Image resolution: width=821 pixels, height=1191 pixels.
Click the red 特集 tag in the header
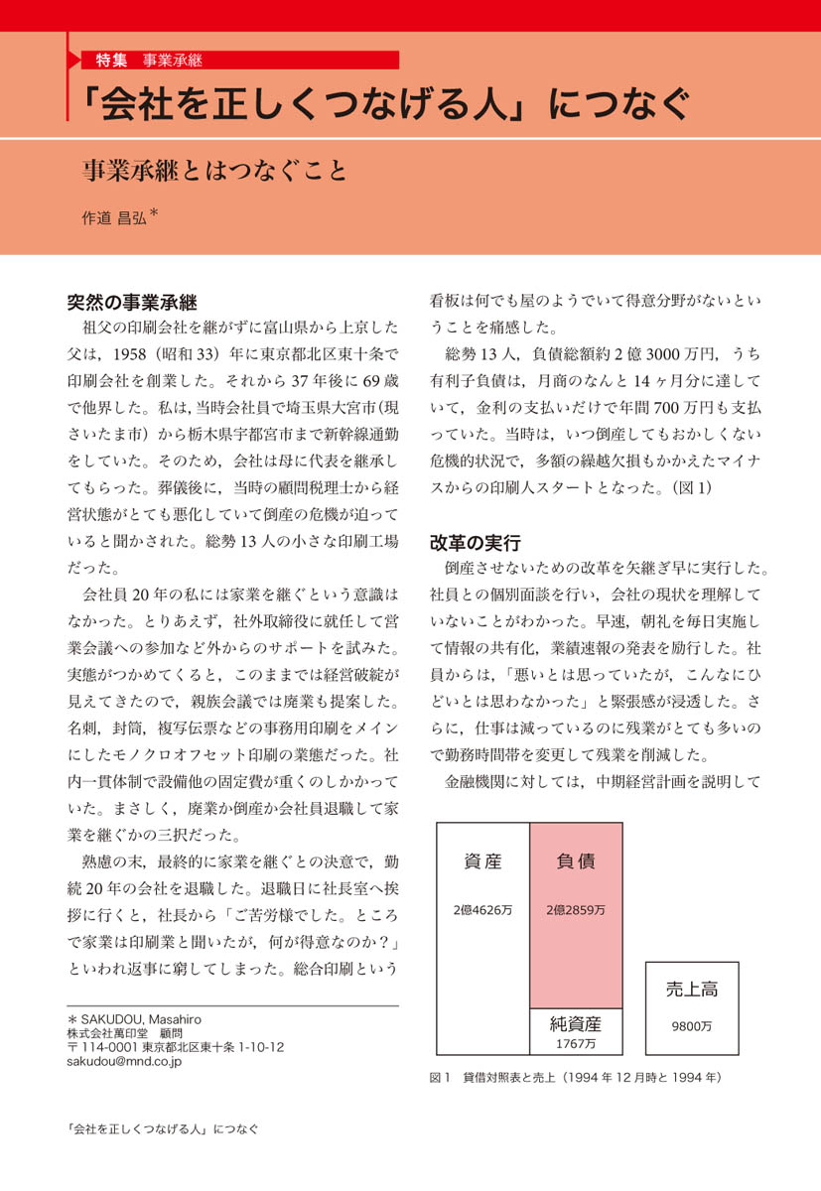pyautogui.click(x=111, y=60)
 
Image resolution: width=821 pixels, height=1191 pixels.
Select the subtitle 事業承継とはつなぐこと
pyautogui.click(x=214, y=171)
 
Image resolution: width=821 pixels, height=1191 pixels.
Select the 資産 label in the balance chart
pyautogui.click(x=483, y=861)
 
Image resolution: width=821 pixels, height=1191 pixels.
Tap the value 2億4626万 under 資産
pyautogui.click(x=483, y=909)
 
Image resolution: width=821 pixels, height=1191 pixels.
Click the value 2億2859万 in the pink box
pyautogui.click(x=576, y=909)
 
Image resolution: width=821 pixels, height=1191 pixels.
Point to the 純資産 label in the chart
pyautogui.click(x=576, y=1023)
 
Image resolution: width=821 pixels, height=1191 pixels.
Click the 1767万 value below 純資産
pyautogui.click(x=576, y=1043)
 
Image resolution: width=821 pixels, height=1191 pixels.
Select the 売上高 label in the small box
pyautogui.click(x=692, y=989)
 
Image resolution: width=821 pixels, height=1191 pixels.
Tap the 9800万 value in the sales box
pyautogui.click(x=692, y=1026)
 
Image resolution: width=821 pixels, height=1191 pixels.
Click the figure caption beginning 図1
pyautogui.click(x=575, y=1077)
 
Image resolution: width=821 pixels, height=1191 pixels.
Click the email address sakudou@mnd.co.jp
pyautogui.click(x=124, y=1061)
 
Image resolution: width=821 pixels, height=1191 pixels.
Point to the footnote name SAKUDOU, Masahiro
pyautogui.click(x=149, y=1019)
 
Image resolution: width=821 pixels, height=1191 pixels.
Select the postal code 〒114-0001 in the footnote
pyautogui.click(x=101, y=1047)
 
